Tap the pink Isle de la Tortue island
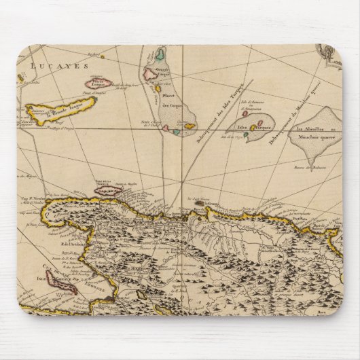click(x=108, y=191)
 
